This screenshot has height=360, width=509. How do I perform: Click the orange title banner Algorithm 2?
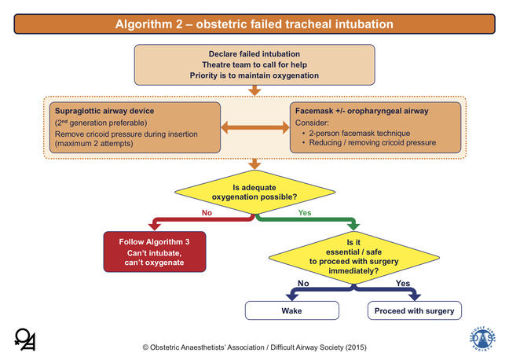point(254,24)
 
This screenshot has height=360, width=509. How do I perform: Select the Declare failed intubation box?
point(254,64)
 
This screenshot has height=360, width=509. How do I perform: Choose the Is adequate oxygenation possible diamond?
point(255,190)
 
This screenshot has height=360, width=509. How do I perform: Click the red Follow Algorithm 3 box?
point(154,250)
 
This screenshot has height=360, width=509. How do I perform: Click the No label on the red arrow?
point(208,211)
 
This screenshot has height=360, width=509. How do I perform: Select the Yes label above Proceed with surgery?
point(403,282)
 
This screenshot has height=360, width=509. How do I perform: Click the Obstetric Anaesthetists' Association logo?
point(24,338)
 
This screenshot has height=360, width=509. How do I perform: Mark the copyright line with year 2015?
point(254,347)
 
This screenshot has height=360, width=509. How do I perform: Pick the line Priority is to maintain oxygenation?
point(254,75)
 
